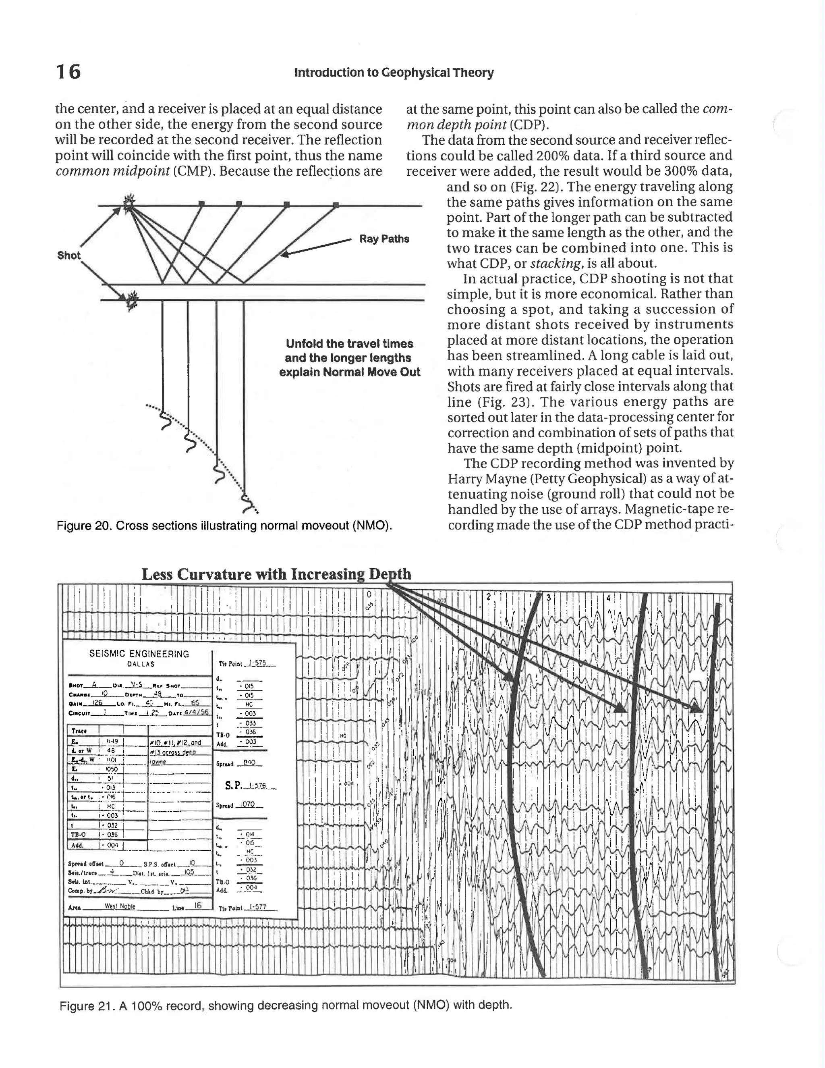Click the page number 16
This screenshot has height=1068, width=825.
68,72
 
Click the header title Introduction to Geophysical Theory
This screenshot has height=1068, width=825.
394,73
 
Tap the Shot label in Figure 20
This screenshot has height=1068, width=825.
68,255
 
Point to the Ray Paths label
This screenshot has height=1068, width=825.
384,239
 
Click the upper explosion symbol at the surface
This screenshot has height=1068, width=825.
129,204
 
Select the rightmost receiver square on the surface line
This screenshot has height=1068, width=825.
336,205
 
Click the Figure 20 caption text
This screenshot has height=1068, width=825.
224,526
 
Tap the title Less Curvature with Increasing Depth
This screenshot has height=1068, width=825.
276,574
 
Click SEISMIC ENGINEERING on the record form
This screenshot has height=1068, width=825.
139,654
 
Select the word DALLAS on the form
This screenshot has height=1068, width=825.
140,664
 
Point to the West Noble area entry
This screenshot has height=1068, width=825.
120,906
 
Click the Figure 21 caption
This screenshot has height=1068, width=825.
286,1006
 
